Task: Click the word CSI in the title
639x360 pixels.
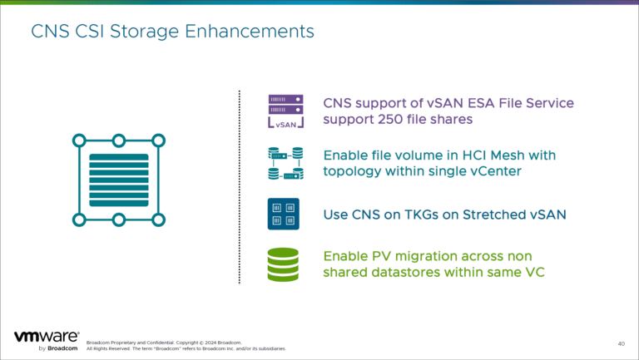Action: [x=92, y=32]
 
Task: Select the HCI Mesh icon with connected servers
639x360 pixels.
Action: [x=285, y=164]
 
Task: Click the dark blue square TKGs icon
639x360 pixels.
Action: [x=285, y=215]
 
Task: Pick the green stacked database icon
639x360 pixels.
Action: [x=285, y=265]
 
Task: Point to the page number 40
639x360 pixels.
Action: [x=621, y=343]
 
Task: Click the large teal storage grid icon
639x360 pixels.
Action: [x=118, y=180]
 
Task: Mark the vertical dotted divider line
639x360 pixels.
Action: [x=240, y=187]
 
